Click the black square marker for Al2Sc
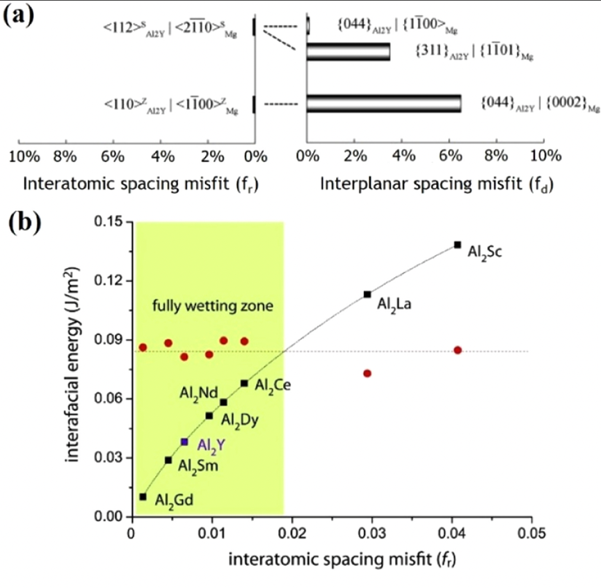(457, 244)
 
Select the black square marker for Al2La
(367, 294)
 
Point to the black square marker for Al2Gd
(143, 497)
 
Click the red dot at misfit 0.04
(458, 350)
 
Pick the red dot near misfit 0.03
(367, 374)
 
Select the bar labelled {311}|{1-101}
(348, 52)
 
